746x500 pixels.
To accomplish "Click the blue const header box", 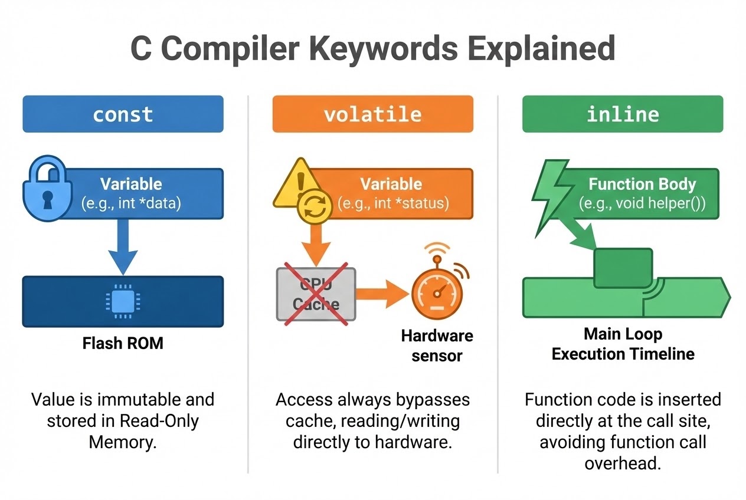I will [x=123, y=114].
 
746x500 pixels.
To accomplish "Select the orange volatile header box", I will [x=372, y=114].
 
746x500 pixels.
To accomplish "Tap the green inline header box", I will [x=622, y=114].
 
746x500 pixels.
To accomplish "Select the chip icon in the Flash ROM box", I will [x=122, y=301].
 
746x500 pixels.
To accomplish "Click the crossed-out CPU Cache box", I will [x=316, y=294].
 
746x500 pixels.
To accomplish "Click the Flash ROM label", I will [x=123, y=343].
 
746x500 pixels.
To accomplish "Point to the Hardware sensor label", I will [x=437, y=346].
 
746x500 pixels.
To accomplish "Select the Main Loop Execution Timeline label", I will [x=623, y=344].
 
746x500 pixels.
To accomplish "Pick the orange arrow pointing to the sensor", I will [x=382, y=292].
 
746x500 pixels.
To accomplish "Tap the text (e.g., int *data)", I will [x=131, y=204].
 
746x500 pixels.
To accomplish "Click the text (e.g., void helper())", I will [x=642, y=204].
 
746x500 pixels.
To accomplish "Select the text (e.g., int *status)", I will [x=393, y=204].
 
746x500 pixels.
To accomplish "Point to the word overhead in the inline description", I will [x=622, y=462].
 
